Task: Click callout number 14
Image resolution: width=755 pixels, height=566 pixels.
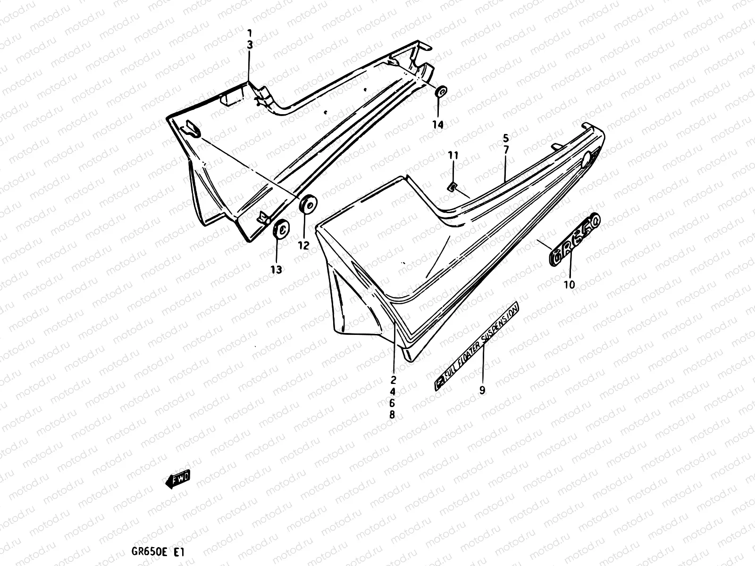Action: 438,125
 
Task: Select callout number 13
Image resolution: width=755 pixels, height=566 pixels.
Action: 276,269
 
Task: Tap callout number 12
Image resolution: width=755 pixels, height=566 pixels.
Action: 303,245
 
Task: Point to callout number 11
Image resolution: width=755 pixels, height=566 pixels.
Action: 453,155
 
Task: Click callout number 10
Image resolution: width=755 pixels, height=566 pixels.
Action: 570,284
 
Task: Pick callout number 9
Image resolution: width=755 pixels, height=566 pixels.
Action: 482,390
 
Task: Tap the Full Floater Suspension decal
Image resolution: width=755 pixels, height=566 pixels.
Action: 477,347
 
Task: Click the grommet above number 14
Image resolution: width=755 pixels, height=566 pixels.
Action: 441,92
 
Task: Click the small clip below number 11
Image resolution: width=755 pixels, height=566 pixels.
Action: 452,187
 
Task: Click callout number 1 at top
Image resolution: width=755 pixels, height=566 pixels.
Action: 250,33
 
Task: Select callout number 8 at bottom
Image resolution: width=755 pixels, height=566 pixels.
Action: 392,415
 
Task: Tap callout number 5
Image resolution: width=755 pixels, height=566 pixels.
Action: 505,138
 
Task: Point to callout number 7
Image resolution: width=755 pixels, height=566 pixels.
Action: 505,150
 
